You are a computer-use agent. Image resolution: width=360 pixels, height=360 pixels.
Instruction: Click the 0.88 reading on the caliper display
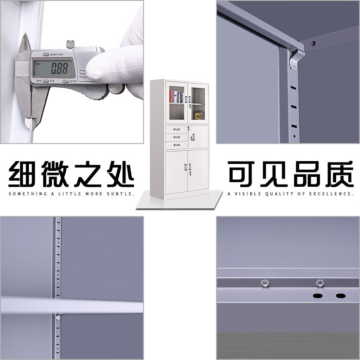click(x=59, y=68)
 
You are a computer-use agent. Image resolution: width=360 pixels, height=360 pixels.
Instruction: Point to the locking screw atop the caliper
click(x=70, y=45)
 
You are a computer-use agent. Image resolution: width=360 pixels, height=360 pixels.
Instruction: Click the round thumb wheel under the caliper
click(x=116, y=89)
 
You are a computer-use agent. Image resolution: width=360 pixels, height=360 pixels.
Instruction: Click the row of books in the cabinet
click(x=176, y=97)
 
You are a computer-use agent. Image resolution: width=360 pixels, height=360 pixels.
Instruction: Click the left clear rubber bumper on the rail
click(x=265, y=283)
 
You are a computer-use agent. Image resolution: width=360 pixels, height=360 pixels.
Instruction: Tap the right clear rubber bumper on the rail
click(x=319, y=283)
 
